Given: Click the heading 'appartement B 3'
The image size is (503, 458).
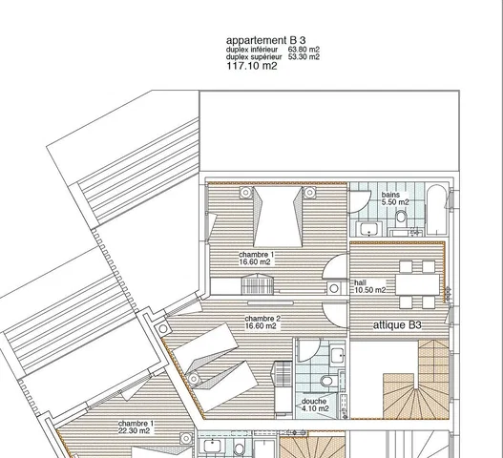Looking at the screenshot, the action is [266, 40].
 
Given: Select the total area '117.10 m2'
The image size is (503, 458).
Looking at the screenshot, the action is [252, 66].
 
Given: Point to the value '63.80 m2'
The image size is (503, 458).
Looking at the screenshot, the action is [304, 50].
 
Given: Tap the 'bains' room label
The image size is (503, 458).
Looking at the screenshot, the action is [390, 195].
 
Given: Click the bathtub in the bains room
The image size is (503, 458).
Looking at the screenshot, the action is [436, 209].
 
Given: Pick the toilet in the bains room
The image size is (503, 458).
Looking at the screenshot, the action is [401, 217].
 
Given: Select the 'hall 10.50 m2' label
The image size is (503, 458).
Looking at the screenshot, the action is [370, 286].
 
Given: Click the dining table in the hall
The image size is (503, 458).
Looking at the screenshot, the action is [417, 284].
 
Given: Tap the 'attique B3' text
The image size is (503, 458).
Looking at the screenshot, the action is [397, 325].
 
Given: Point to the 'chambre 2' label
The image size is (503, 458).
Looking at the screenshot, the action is [262, 319].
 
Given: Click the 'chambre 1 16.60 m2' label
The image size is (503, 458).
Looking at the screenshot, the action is [257, 259].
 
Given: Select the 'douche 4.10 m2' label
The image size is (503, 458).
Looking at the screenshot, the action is [315, 406].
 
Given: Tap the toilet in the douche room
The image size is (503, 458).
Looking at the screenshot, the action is [327, 381].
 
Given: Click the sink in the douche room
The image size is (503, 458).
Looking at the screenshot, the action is [338, 355].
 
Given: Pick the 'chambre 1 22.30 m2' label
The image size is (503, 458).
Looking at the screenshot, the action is [135, 427].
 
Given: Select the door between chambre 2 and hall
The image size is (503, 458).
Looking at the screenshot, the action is [334, 315].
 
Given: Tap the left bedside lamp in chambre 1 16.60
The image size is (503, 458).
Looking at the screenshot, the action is [245, 193].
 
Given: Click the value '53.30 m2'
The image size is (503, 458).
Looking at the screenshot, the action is [304, 57].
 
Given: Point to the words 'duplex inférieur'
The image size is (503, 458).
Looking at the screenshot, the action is [252, 50].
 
